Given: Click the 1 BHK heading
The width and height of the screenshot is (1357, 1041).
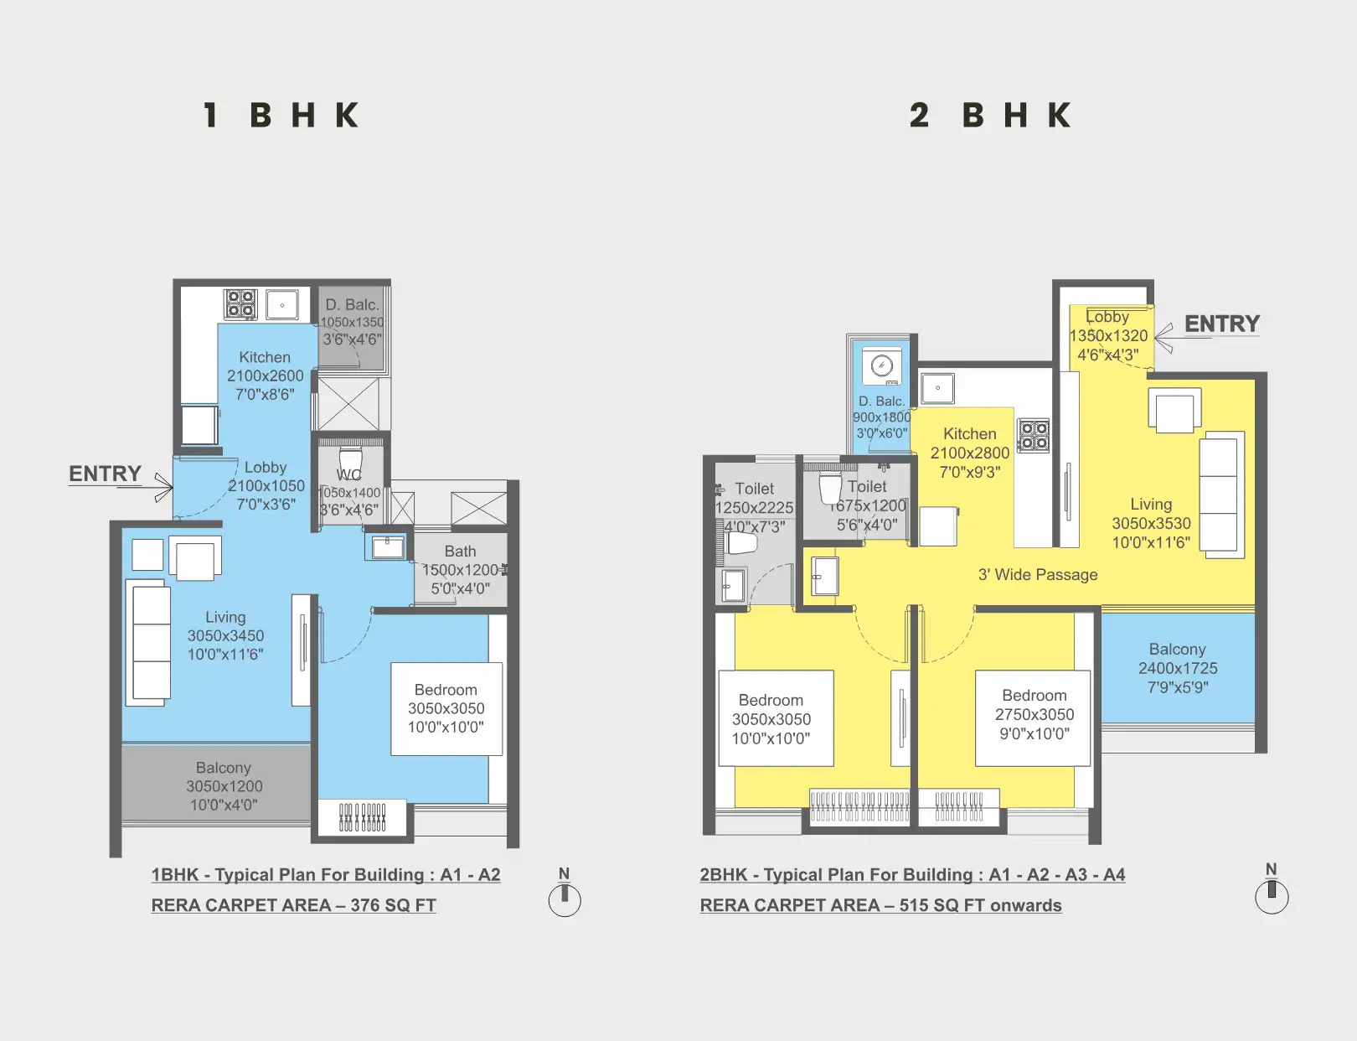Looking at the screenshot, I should [281, 116].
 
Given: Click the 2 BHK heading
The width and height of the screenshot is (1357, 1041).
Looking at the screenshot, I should [990, 116].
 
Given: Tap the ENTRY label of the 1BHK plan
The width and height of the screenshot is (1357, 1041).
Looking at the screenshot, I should [105, 474].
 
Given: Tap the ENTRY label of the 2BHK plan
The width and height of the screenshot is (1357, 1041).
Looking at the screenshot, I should [1221, 324].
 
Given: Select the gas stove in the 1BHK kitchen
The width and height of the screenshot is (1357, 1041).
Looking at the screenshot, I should [240, 303].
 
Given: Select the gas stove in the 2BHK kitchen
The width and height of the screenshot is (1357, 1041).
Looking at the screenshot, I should [1034, 436].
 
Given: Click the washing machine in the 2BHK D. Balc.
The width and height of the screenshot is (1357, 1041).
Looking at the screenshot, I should [881, 366].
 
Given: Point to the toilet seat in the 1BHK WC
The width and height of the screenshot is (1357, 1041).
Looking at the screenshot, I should [350, 462].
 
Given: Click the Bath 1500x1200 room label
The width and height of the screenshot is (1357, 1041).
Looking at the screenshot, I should [461, 570].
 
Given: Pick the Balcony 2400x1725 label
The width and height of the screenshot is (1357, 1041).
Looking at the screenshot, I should [1177, 668].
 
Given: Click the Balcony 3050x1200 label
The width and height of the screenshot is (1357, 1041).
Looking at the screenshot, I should [224, 786].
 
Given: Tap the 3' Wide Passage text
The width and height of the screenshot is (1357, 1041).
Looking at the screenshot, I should [1037, 575].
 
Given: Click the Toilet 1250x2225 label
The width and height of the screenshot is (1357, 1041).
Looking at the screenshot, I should [754, 507].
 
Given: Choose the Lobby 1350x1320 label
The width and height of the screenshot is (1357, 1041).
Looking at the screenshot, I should [1107, 335].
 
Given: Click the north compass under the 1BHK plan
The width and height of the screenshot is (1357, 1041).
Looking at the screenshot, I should [565, 899].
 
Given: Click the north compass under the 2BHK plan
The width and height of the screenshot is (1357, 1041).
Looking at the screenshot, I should [1271, 896].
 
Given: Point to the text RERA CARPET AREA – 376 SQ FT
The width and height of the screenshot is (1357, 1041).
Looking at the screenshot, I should [293, 905].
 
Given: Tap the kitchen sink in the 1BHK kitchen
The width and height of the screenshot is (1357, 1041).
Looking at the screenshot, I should [282, 305].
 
